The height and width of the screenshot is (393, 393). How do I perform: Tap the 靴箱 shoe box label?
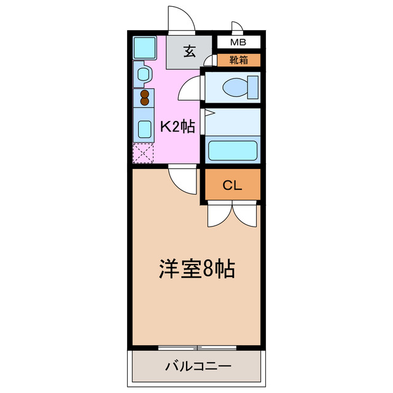[239, 60]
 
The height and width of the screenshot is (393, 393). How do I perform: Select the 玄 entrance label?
[190, 52]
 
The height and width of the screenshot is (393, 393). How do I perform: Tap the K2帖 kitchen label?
[177, 127]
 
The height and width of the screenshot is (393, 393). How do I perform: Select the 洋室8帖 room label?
[198, 270]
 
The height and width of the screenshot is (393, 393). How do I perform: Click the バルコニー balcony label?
[198, 367]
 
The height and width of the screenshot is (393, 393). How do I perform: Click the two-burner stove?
[145, 98]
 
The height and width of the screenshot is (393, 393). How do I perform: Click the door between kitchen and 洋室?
[182, 180]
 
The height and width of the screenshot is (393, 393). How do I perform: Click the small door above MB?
[237, 28]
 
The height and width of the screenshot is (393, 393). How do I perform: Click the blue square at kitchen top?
[145, 47]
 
